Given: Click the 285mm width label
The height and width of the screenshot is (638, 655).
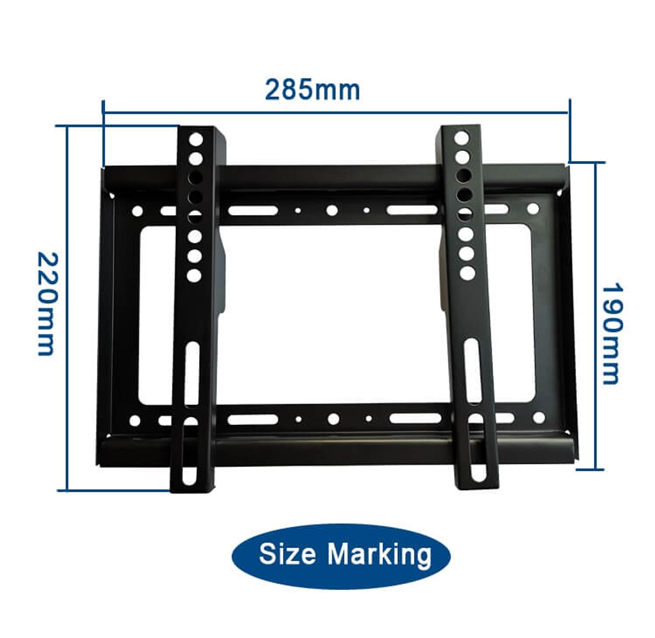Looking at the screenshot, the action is coord(312,90).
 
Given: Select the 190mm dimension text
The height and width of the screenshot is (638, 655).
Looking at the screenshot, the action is coord(612,333).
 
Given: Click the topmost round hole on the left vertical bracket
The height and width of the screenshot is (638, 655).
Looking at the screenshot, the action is coord(196,139).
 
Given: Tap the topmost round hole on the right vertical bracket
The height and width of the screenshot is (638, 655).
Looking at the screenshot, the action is coord(461,138).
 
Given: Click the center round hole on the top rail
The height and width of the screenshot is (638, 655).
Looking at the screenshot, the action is coord(332,211).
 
